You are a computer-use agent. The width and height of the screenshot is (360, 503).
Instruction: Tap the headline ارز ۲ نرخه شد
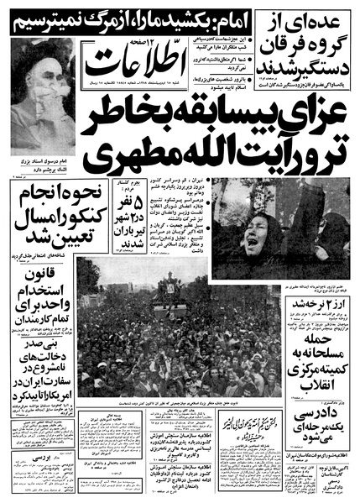(x=318, y=280)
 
